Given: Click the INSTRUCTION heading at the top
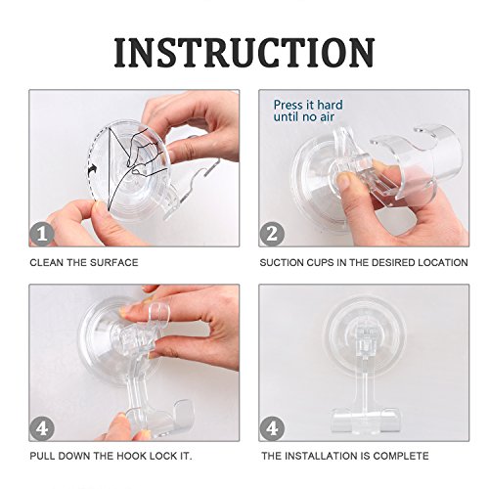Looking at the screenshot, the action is click(x=244, y=53).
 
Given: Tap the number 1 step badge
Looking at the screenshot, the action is click(x=42, y=234).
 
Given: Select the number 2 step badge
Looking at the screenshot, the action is click(x=272, y=234).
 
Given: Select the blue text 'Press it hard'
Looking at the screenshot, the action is click(x=308, y=105).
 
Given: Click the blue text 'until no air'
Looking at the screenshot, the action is click(x=304, y=117).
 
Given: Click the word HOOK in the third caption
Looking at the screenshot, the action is click(x=131, y=456).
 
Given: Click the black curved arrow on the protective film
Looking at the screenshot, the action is click(x=92, y=169).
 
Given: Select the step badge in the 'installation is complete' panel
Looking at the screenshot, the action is click(x=272, y=428).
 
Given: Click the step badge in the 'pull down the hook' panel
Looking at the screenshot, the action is click(x=42, y=428).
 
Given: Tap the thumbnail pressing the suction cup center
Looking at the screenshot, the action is click(x=345, y=179).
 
